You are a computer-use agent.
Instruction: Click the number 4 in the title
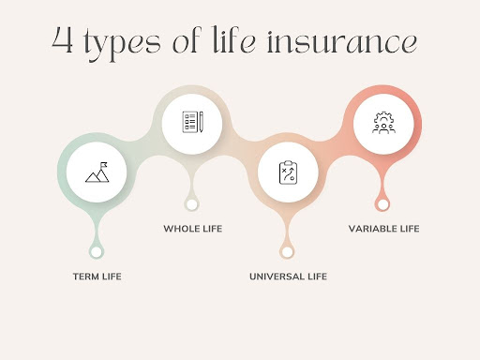(63, 40)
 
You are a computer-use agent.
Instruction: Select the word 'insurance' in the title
(342, 41)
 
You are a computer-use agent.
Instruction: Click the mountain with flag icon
(97, 172)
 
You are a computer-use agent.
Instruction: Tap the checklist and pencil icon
(192, 122)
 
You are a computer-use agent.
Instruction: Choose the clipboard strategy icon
(288, 172)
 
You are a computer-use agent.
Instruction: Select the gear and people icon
(383, 123)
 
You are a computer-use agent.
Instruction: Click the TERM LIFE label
(97, 277)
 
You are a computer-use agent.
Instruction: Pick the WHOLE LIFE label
(193, 229)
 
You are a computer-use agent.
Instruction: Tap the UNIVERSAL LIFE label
(288, 277)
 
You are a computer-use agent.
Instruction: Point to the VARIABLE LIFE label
(383, 229)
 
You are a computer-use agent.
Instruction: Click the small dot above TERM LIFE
(97, 252)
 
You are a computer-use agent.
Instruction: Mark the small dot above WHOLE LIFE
(192, 204)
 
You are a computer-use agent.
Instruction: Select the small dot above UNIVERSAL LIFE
(287, 252)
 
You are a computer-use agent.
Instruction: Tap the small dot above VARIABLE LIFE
(382, 204)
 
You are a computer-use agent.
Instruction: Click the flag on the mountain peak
(104, 164)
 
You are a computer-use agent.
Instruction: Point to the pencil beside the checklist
(202, 122)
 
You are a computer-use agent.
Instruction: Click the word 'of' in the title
(187, 39)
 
